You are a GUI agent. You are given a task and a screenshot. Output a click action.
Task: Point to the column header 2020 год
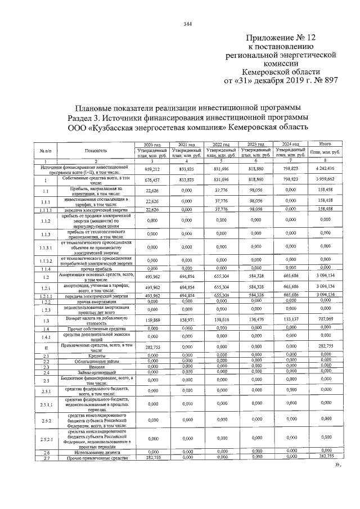click(x=152, y=145)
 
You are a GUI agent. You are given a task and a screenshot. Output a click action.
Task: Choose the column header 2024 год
click(x=290, y=145)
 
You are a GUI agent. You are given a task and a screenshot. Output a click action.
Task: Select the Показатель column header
click(x=92, y=152)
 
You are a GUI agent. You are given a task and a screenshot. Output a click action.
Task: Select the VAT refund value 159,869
click(x=152, y=319)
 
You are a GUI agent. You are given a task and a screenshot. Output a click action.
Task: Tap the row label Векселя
click(x=92, y=367)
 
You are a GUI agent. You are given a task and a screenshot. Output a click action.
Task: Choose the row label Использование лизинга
click(x=92, y=452)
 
